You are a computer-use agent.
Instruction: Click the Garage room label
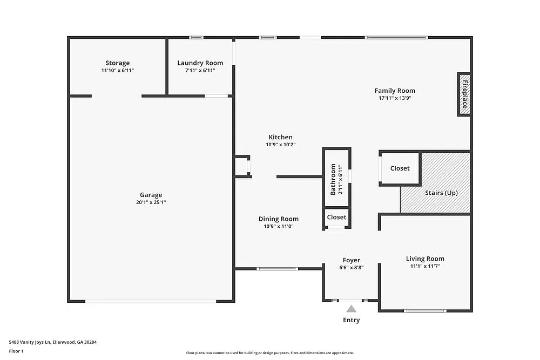click(151, 195)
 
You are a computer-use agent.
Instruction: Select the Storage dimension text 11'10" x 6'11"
click(117, 71)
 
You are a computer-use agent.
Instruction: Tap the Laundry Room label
click(200, 63)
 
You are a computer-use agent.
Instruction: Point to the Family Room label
click(395, 91)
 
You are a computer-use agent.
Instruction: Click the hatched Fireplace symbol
click(464, 94)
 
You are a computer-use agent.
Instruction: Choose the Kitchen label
click(280, 137)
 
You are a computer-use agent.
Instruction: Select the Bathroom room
click(336, 178)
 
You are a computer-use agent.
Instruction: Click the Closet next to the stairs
click(400, 168)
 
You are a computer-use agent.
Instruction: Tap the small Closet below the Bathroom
click(336, 217)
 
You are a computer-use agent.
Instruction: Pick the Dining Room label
click(278, 219)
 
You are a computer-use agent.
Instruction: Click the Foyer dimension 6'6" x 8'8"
click(351, 268)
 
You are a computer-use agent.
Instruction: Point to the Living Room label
click(425, 259)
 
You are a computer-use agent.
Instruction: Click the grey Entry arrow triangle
click(351, 309)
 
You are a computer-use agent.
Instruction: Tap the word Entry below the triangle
click(351, 320)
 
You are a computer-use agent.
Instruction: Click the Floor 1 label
click(16, 351)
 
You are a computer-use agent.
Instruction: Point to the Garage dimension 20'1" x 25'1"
click(151, 202)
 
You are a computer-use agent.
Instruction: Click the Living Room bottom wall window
click(425, 310)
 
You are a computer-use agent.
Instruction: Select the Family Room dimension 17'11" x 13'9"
click(395, 98)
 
